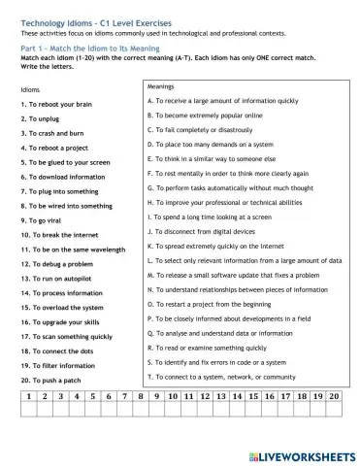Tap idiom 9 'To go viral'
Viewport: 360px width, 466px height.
click(x=48, y=220)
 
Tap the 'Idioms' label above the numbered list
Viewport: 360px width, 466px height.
click(x=30, y=89)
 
